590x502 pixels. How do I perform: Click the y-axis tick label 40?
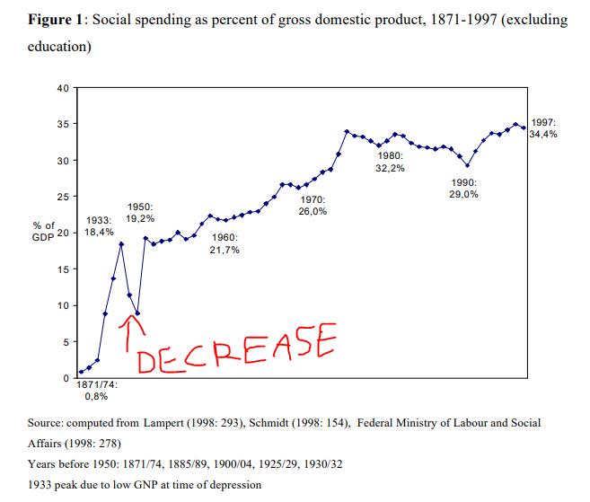pyautogui.click(x=63, y=87)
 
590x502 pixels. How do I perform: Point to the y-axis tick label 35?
pyautogui.click(x=63, y=124)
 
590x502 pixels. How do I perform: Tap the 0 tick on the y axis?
pyautogui.click(x=66, y=378)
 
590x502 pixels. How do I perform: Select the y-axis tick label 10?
pyautogui.click(x=63, y=305)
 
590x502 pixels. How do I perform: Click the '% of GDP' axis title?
pyautogui.click(x=45, y=229)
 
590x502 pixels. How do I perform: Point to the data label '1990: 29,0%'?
pyautogui.click(x=463, y=188)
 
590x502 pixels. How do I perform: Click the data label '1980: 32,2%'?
pyautogui.click(x=392, y=162)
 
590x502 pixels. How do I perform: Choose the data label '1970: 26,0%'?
pyautogui.click(x=312, y=205)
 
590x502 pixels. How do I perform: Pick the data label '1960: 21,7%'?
pyautogui.click(x=225, y=243)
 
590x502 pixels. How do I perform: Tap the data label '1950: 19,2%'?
pyautogui.click(x=140, y=212)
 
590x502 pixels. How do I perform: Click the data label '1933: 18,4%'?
pyautogui.click(x=99, y=225)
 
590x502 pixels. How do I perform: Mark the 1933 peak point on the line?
pyautogui.click(x=121, y=244)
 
